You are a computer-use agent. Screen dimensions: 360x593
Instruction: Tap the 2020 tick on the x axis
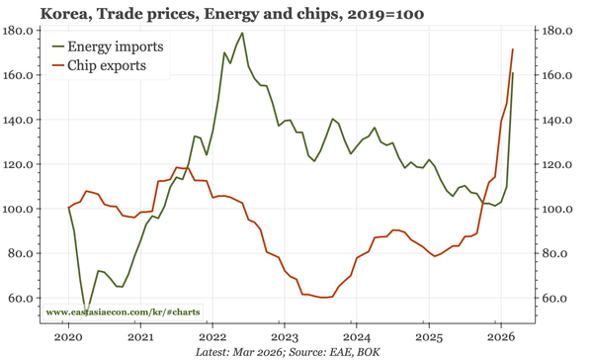68,336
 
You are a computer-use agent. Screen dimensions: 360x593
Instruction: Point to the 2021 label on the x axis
140,336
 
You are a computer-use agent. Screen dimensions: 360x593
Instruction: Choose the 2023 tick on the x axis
284,336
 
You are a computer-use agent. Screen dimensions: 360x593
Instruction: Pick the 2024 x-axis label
356,336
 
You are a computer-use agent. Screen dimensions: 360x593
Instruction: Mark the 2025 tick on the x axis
428,336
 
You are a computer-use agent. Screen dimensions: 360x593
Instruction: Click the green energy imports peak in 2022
242,34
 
